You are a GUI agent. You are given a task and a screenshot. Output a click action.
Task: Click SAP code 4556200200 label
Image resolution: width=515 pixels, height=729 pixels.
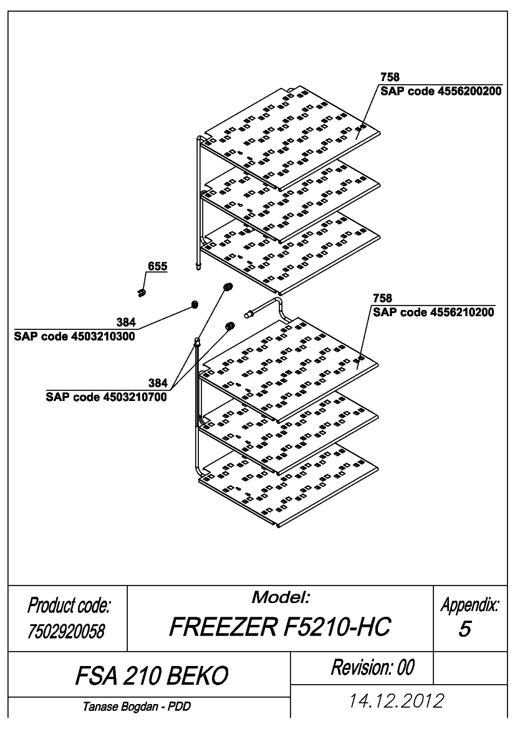(441, 91)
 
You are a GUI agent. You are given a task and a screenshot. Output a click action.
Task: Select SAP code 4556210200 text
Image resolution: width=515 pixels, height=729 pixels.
(434, 312)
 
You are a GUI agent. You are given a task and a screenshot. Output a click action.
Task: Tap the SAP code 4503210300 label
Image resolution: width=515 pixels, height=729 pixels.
(74, 336)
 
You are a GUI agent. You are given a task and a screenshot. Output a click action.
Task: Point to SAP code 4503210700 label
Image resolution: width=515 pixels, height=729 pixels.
(107, 397)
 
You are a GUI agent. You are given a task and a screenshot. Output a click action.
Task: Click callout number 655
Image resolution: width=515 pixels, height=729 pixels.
(158, 266)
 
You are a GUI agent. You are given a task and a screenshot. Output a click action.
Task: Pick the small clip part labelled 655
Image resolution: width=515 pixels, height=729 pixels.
(142, 292)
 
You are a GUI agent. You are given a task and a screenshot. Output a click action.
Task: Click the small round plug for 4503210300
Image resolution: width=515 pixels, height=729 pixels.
(195, 304)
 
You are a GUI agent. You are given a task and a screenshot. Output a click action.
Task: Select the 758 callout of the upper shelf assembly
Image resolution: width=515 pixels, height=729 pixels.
(390, 77)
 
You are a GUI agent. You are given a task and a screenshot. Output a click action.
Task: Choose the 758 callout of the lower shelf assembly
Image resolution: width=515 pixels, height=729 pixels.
(383, 298)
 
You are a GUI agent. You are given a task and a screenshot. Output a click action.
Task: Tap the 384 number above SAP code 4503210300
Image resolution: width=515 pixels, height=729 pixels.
(126, 322)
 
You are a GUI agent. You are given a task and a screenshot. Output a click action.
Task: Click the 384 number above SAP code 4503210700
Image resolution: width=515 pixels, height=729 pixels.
(158, 383)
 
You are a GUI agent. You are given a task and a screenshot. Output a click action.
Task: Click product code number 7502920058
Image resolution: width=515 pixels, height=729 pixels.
(67, 631)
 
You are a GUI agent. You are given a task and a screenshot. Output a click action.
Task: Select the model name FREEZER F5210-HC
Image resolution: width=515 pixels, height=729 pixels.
(280, 627)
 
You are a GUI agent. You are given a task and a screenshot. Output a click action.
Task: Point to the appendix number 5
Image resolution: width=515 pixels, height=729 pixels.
(464, 629)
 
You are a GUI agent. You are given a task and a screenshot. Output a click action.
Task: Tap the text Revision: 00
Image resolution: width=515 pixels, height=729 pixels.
(373, 667)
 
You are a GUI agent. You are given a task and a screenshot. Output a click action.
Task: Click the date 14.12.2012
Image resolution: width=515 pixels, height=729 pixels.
(397, 701)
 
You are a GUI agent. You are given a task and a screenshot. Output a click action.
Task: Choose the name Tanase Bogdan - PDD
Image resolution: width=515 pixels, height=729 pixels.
(137, 707)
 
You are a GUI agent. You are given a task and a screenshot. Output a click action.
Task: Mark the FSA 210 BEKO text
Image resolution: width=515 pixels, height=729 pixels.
(152, 675)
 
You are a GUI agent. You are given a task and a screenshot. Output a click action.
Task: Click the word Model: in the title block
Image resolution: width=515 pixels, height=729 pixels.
(281, 597)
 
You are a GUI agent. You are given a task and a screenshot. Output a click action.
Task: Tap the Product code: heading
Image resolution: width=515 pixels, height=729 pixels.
(69, 606)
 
